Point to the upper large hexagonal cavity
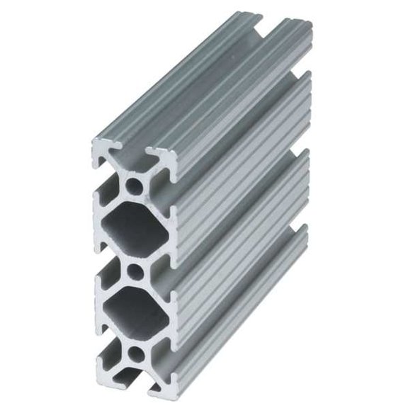click(135, 229)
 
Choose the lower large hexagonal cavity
click(135, 313)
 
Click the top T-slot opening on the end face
click(135, 152)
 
